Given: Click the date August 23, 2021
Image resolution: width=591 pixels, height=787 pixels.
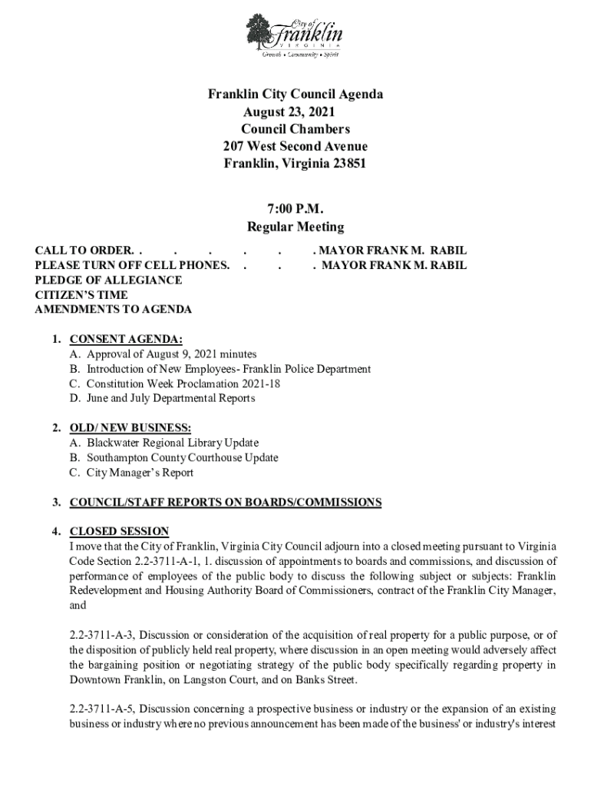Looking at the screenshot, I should (x=295, y=112).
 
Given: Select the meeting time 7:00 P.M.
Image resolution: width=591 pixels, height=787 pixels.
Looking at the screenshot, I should (x=295, y=210).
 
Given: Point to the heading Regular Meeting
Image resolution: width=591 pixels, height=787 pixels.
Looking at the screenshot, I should (x=295, y=227).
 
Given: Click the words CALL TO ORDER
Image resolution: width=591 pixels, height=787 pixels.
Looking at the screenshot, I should (x=84, y=251).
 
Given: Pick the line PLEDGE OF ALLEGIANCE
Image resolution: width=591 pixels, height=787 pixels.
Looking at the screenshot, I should (x=108, y=281).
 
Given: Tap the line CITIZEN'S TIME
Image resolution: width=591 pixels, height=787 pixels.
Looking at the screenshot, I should (x=81, y=295).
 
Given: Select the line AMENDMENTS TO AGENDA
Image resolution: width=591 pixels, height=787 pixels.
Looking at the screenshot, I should (x=114, y=310).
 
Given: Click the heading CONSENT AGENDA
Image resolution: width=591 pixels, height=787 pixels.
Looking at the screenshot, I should (x=126, y=339).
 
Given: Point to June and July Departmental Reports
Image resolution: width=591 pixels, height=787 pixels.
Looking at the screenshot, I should (x=170, y=398).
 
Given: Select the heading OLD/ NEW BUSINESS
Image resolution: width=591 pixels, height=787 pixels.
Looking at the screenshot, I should (x=130, y=428).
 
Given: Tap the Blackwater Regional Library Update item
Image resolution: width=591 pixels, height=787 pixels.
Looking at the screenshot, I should (x=173, y=443).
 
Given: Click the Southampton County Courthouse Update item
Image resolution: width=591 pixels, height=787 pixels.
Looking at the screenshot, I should (x=183, y=458).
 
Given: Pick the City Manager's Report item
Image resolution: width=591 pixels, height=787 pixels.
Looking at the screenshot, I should (x=140, y=473).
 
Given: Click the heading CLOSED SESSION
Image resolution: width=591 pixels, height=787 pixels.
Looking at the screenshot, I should (x=119, y=532).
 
